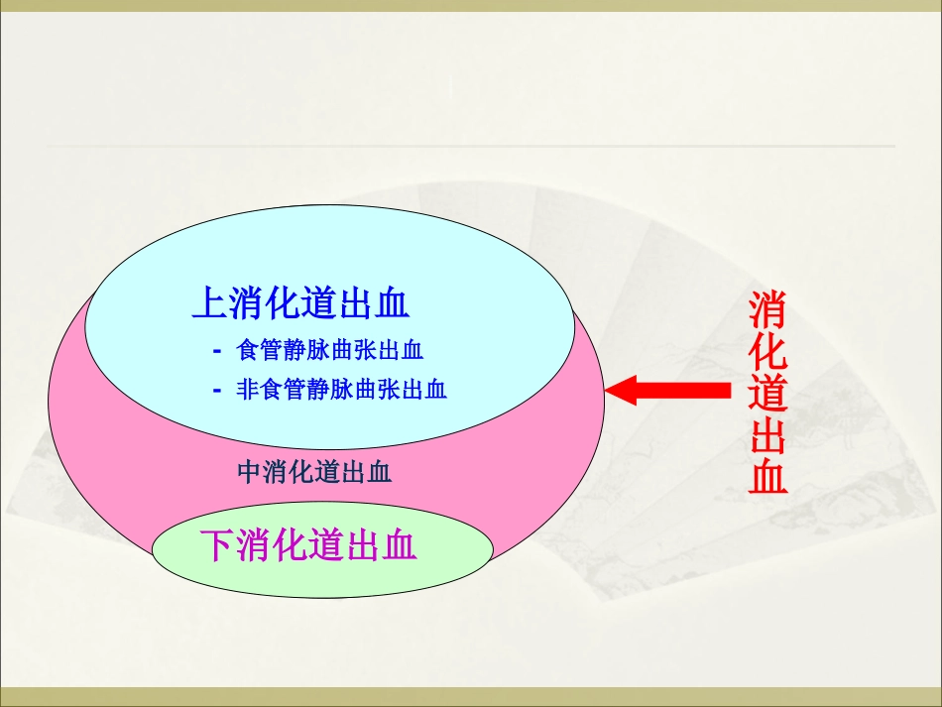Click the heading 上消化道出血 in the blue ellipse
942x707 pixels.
coord(300,303)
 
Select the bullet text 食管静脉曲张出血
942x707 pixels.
coord(330,350)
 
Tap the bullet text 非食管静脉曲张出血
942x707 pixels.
coord(341,390)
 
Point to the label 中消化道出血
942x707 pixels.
coord(315,472)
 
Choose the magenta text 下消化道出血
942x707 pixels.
coord(308,545)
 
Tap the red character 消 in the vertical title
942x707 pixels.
coord(767,310)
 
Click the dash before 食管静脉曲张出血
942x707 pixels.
coord(216,351)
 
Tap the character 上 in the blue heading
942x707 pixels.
coord(209,303)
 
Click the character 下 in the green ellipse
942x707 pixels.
coord(218,545)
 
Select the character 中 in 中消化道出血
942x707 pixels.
coord(249,472)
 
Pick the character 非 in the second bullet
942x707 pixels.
coord(247,390)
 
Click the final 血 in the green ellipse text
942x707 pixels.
coord(399,545)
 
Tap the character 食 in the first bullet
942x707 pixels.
coord(247,350)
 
